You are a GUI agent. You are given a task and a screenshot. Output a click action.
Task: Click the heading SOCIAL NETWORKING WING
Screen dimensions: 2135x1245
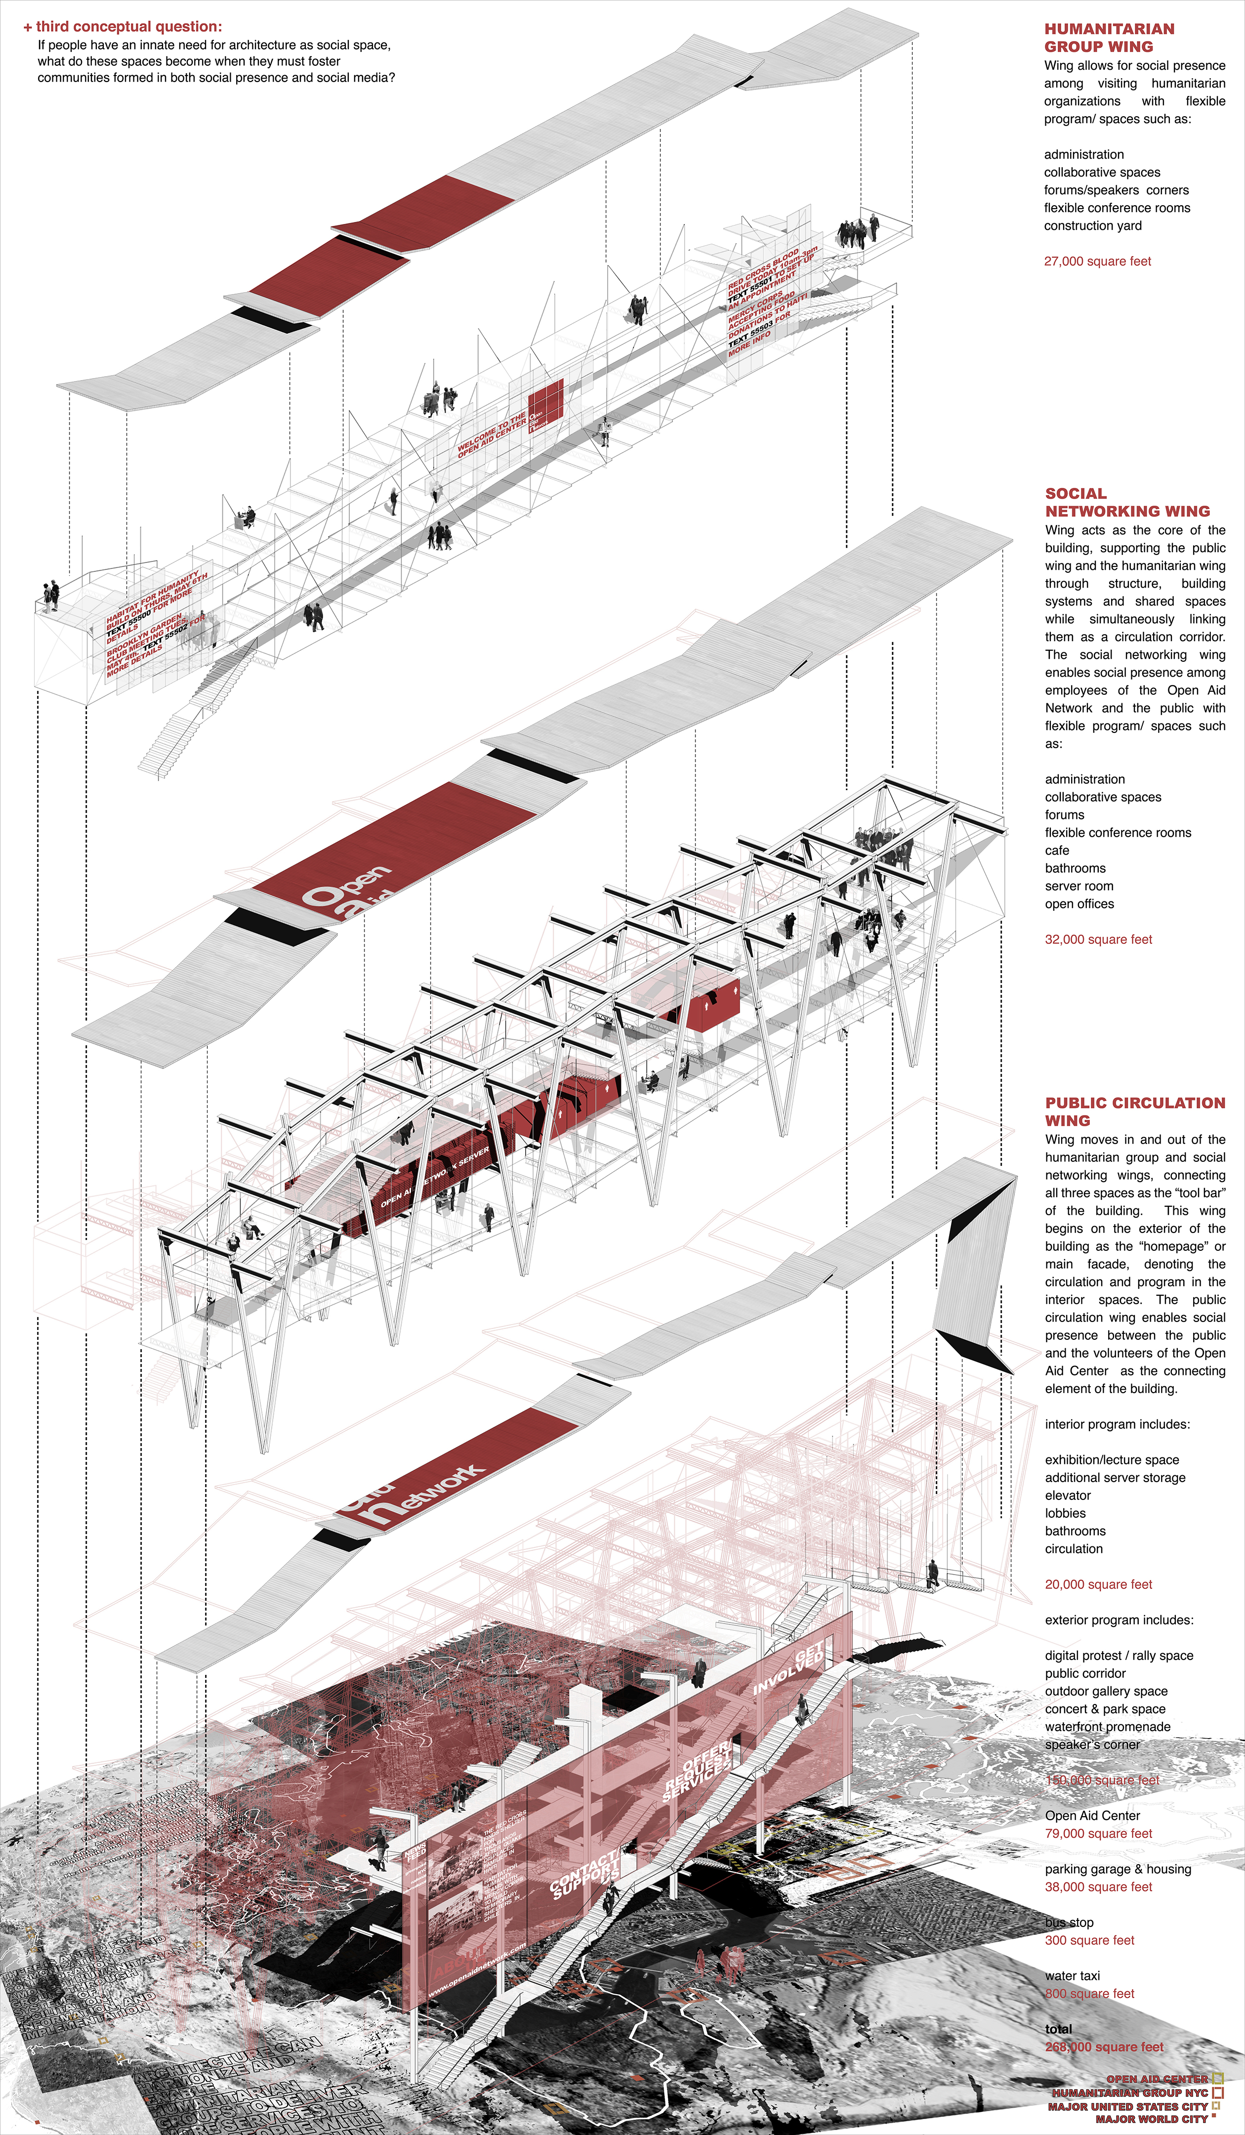[x=1126, y=503]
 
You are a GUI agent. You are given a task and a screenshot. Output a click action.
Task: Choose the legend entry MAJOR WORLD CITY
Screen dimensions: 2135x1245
[x=1151, y=2119]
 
